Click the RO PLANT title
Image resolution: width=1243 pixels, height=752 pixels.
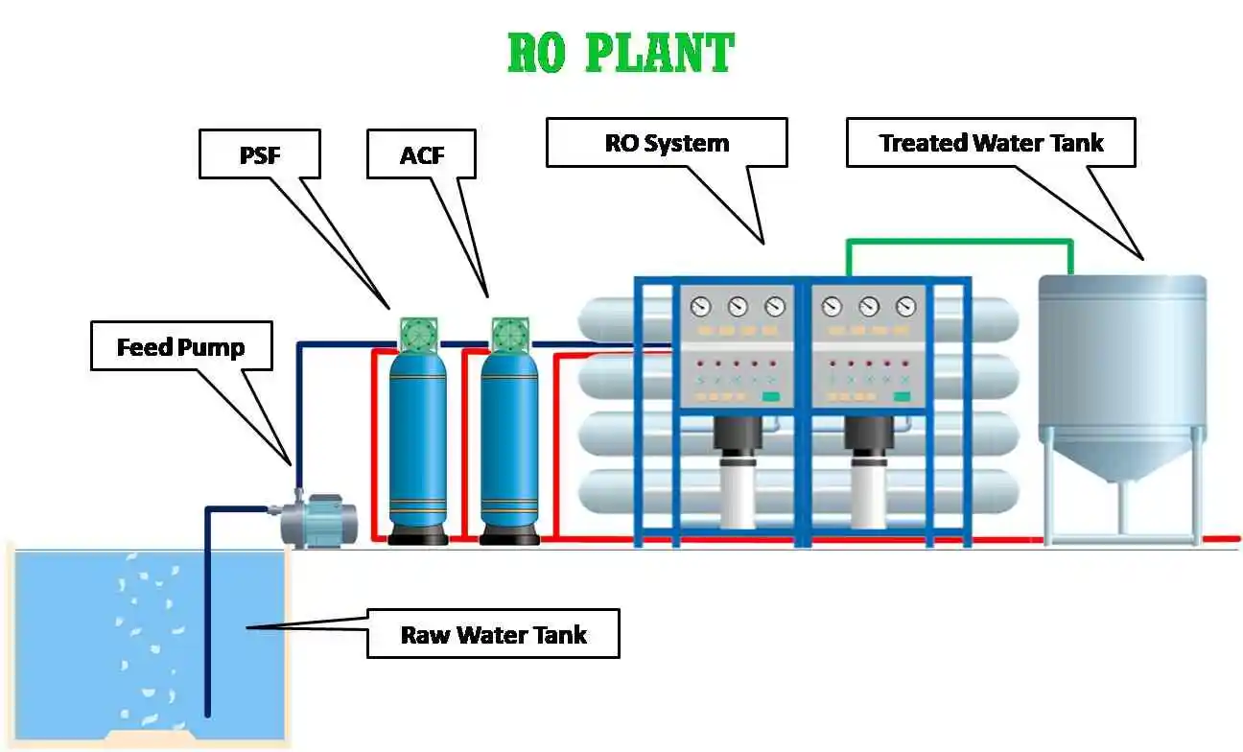point(621,54)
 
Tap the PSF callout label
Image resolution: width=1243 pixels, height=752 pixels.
point(259,154)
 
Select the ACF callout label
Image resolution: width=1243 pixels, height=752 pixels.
point(421,154)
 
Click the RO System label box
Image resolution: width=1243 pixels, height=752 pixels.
point(667,143)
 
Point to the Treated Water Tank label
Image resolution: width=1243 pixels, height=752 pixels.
point(991,143)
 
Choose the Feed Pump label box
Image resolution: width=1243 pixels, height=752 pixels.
point(181,346)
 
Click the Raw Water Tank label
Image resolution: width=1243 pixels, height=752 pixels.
point(493,634)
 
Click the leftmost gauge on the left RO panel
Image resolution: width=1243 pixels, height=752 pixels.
point(701,307)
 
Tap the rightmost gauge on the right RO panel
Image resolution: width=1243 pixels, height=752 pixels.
point(905,307)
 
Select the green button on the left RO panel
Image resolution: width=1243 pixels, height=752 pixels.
point(770,396)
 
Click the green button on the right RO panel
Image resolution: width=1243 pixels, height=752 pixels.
point(902,396)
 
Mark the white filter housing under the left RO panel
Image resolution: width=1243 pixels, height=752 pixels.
point(737,494)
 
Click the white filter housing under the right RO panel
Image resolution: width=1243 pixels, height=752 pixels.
point(868,494)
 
